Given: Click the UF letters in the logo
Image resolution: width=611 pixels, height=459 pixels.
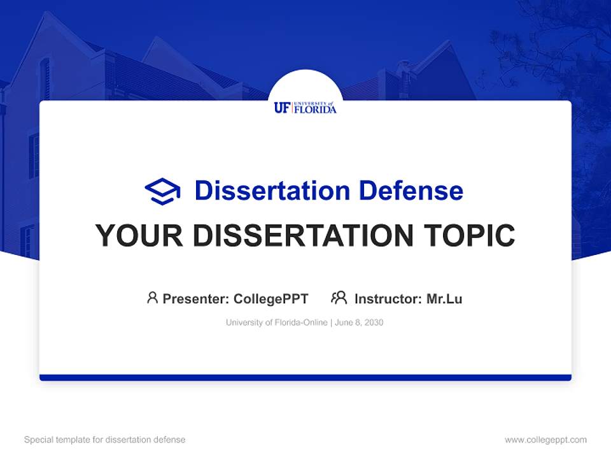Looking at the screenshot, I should coord(282,108).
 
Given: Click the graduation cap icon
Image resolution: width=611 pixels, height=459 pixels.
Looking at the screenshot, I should coord(162,191).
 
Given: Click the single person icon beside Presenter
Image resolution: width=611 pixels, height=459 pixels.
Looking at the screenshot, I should coord(152,298).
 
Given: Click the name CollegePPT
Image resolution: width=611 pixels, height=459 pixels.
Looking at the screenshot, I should coord(271,299).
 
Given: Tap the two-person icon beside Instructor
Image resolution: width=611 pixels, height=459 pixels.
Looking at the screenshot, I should coord(339,298).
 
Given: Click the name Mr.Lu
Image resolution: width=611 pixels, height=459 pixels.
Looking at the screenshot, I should coord(444,299).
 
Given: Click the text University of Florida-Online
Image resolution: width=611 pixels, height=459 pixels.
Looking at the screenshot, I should coord(276,323).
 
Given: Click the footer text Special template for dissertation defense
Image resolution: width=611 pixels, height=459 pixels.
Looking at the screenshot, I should coord(105,440).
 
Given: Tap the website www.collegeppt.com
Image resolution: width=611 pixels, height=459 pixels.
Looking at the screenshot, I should coord(545,440).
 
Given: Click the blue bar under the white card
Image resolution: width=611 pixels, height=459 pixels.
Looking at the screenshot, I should coord(305,377).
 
